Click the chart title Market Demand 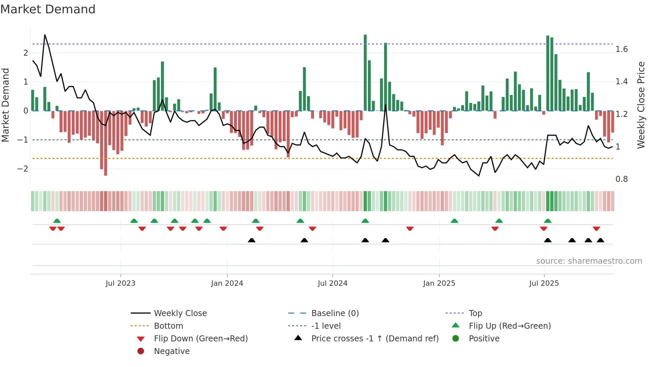(48, 9)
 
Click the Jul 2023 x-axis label (120, 283)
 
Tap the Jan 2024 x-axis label (227, 283)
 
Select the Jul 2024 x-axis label (332, 283)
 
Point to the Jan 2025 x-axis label (439, 283)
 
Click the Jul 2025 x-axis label (544, 283)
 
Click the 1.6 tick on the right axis (621, 49)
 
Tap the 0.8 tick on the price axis (621, 179)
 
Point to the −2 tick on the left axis (23, 169)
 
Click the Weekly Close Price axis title (641, 105)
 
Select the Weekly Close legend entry (180, 313)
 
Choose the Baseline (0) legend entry (335, 313)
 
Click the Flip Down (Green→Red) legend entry (201, 339)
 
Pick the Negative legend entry (172, 351)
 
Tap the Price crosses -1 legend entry (375, 339)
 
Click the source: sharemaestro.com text (589, 261)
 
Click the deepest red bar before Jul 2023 (105, 143)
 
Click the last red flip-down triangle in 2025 (596, 229)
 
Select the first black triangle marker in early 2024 (251, 240)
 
